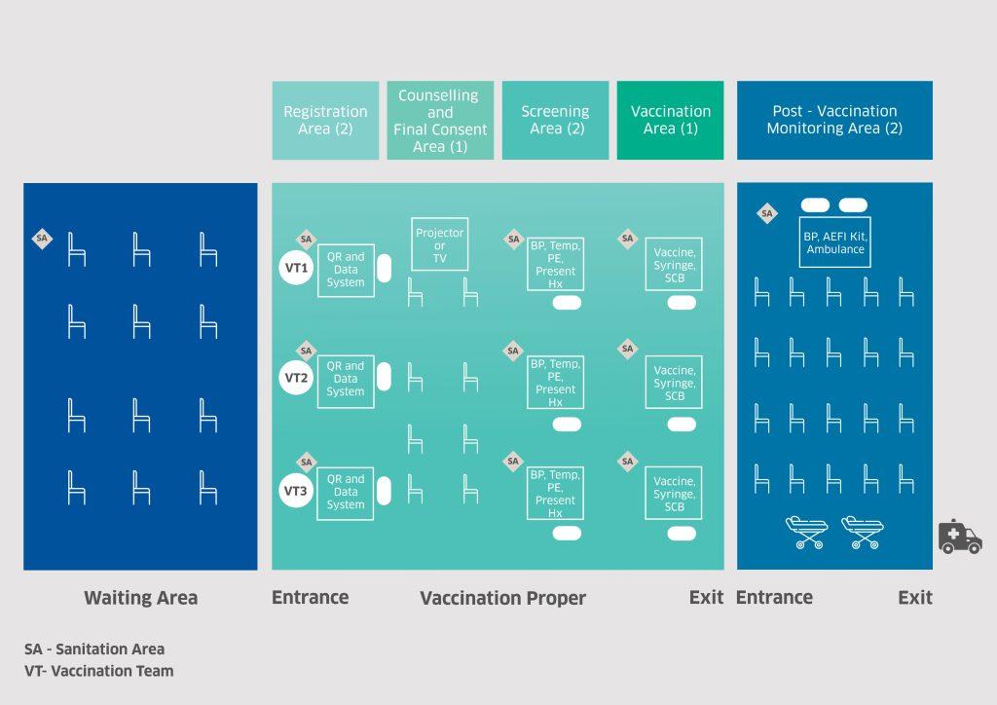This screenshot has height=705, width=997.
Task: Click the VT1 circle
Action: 296,268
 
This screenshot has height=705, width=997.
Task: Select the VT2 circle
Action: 296,378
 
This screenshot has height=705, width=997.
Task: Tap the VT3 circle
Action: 296,491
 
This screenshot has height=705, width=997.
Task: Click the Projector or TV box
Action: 439,244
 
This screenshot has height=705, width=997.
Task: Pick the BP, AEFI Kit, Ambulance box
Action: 834,242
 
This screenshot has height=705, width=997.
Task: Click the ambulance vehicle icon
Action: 960,537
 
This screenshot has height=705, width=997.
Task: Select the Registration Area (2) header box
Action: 325,120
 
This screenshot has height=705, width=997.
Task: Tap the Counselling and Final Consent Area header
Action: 440,120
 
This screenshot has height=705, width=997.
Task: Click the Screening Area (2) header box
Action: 555,120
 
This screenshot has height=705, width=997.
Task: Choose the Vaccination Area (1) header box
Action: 670,120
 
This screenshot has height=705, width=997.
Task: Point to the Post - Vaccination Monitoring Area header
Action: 834,120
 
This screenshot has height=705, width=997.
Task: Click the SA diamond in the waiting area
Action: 42,239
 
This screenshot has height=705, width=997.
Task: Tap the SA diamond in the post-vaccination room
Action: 767,213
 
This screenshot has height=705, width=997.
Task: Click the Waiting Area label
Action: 140,598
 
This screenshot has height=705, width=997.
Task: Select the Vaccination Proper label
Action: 502,598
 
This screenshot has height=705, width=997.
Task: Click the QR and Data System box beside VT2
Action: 346,382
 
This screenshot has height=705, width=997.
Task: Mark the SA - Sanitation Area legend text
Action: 94,649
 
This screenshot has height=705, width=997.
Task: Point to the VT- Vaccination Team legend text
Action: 98,671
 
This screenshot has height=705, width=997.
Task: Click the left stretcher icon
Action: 806,532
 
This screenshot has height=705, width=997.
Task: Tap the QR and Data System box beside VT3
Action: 346,494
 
